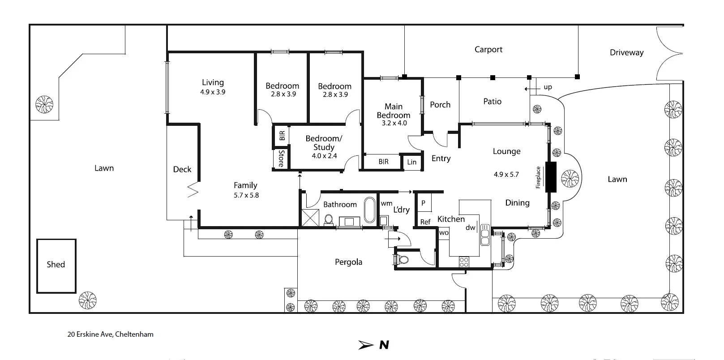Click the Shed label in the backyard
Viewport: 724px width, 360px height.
56,265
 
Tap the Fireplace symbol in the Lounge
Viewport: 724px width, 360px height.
550,176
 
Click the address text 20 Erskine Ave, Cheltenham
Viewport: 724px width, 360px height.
110,334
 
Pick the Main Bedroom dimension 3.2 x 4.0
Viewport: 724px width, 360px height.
394,123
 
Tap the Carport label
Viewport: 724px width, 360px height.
488,50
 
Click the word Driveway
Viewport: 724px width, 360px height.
626,52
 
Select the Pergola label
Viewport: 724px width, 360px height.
348,262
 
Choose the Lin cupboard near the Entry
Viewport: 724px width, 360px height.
411,162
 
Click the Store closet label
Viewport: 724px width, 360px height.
281,159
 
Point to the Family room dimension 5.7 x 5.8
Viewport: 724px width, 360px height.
246,195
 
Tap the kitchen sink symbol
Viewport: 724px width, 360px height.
484,235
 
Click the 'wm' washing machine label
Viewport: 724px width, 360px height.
386,204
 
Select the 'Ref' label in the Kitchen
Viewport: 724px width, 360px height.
425,222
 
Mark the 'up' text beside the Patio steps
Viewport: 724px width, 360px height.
548,87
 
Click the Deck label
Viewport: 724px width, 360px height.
182,169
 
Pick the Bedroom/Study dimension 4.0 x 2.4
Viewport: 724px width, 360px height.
324,156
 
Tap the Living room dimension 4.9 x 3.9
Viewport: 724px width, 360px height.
213,92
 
